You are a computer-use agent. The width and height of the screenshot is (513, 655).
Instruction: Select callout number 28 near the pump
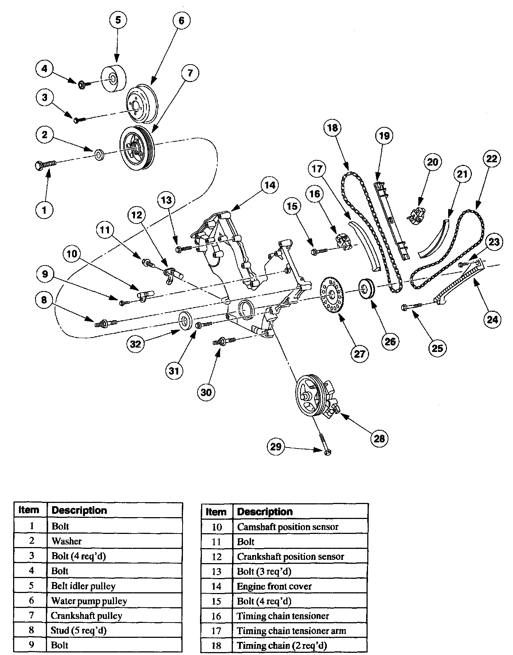point(379,438)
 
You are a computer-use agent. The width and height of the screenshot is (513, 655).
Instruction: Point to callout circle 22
point(492,159)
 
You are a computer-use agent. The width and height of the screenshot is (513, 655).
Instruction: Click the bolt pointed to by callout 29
point(325,444)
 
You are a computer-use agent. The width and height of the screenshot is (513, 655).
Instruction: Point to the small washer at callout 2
point(99,155)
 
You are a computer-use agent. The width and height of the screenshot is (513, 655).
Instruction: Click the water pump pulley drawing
point(141,105)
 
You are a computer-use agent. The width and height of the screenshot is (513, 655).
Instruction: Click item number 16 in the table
point(216,616)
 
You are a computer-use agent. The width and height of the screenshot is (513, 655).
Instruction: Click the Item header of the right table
point(216,512)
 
